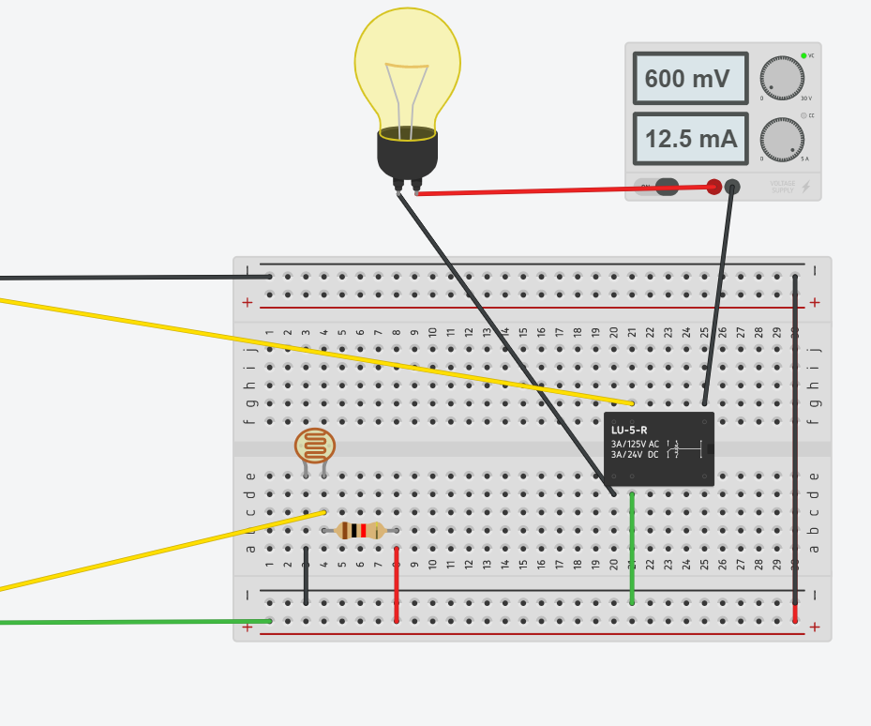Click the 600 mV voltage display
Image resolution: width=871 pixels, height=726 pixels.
[x=690, y=79]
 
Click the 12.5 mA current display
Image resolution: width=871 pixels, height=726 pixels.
[x=690, y=139]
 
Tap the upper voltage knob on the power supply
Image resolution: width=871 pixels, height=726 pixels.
[x=782, y=78]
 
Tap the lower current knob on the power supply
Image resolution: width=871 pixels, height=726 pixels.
[x=782, y=139]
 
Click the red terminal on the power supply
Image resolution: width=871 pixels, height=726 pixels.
[x=713, y=187]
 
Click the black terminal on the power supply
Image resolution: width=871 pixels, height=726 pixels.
[x=732, y=187]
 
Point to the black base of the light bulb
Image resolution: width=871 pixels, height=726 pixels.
[x=407, y=154]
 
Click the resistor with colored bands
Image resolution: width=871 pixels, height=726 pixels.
[x=360, y=531]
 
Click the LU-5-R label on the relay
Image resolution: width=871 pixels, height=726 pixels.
[x=629, y=430]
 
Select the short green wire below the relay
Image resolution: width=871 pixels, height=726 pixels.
[x=632, y=549]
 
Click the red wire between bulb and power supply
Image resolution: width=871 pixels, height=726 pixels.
[x=563, y=190]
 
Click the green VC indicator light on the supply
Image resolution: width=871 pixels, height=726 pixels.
[x=803, y=56]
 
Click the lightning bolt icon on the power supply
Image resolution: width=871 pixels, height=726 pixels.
[x=805, y=187]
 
